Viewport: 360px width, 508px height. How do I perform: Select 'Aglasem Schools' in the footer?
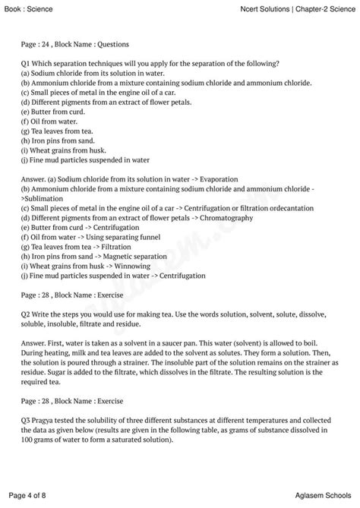click(x=319, y=497)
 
